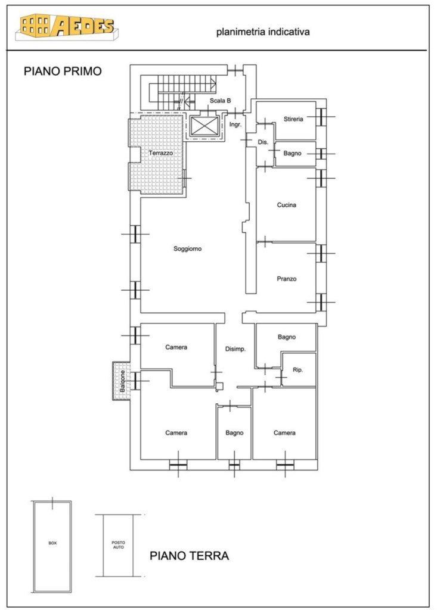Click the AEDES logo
click(67, 26)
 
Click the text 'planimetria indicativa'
click(263, 32)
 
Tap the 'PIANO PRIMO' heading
click(63, 71)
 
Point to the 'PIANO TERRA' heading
click(190, 556)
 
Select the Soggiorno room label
click(188, 249)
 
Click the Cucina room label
click(287, 205)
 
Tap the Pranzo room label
click(287, 279)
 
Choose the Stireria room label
click(293, 119)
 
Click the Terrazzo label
click(161, 153)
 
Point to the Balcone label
click(122, 381)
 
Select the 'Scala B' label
click(221, 100)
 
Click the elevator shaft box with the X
click(204, 126)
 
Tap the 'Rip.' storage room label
click(298, 370)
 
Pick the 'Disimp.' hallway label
click(235, 349)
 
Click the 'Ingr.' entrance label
click(235, 125)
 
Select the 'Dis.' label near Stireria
click(264, 142)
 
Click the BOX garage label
click(52, 543)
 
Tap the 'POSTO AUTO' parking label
click(119, 545)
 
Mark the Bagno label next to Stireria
click(293, 153)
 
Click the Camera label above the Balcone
click(176, 347)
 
